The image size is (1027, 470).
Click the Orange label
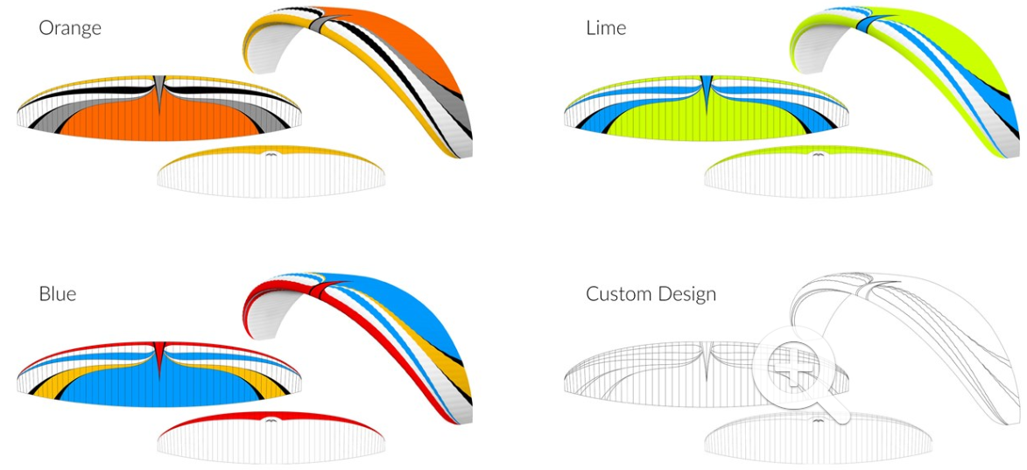[70, 28]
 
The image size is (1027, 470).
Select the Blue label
[57, 293]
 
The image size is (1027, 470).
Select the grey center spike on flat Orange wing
[159, 88]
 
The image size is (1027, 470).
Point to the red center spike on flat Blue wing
[159, 354]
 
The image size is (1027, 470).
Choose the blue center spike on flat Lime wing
[707, 88]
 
